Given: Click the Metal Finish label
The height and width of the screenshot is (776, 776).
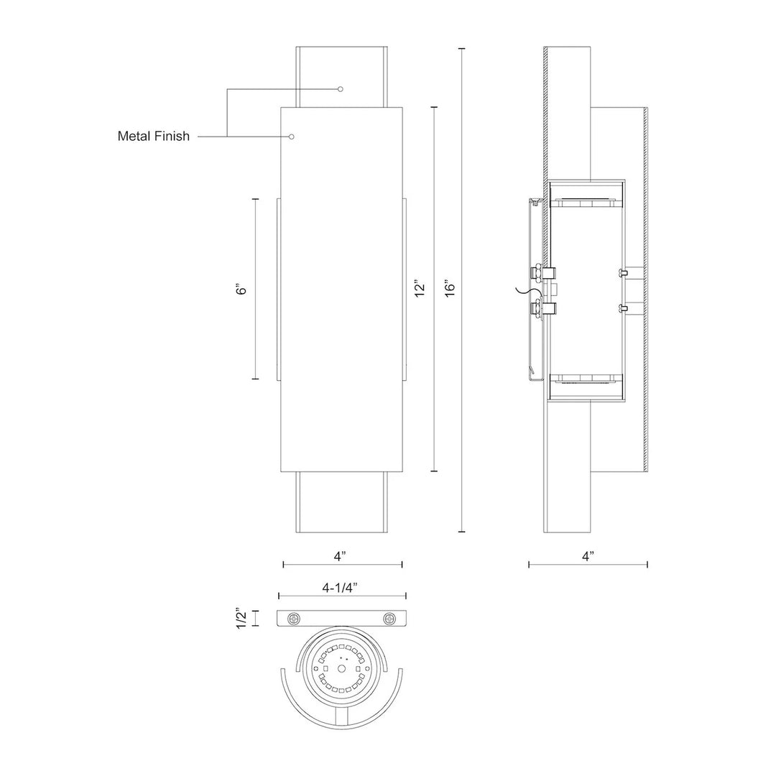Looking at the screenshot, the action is pyautogui.click(x=154, y=136).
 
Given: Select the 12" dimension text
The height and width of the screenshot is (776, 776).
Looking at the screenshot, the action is pyautogui.click(x=420, y=289).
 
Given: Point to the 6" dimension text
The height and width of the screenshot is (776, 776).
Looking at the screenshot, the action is pyautogui.click(x=241, y=289).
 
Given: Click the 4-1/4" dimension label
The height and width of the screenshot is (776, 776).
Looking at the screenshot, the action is pyautogui.click(x=340, y=588).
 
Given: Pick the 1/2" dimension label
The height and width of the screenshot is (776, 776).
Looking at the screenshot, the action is pyautogui.click(x=241, y=618).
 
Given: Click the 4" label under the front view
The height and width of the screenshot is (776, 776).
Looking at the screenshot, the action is pyautogui.click(x=339, y=556).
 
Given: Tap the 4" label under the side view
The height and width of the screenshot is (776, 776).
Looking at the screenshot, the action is pyautogui.click(x=588, y=556).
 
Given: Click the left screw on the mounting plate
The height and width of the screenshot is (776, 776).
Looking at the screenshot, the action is pyautogui.click(x=295, y=618).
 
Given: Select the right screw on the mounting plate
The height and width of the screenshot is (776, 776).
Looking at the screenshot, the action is pyautogui.click(x=389, y=618).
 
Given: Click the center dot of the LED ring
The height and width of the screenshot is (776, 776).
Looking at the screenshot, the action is pyautogui.click(x=341, y=669).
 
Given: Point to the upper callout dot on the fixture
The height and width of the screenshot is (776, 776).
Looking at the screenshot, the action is pyautogui.click(x=341, y=89).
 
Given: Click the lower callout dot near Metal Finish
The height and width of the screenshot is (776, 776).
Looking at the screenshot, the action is pyautogui.click(x=292, y=136).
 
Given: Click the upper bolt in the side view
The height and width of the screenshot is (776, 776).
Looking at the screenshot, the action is pyautogui.click(x=543, y=272).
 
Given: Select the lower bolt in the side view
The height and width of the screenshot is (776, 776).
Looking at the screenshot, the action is pyautogui.click(x=543, y=309).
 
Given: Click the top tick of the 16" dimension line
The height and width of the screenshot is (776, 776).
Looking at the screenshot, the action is pyautogui.click(x=462, y=49).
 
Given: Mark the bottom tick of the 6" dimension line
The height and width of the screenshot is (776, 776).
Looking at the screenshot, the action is pyautogui.click(x=255, y=379).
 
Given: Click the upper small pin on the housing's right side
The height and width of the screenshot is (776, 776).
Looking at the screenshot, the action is pyautogui.click(x=624, y=272).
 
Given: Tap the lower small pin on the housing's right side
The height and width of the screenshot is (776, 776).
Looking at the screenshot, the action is pyautogui.click(x=624, y=309).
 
